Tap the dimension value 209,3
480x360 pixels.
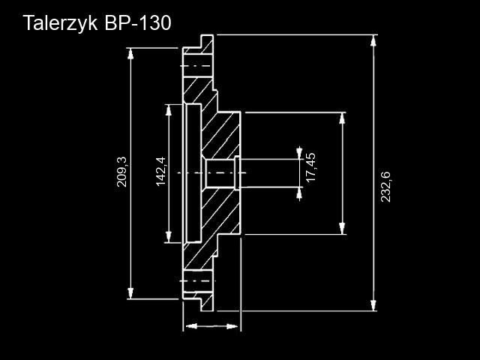pyautogui.click(x=122, y=172)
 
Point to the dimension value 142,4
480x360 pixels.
pyautogui.click(x=160, y=172)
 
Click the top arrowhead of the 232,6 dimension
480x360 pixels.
pyautogui.click(x=373, y=38)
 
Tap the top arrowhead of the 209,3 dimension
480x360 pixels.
pyautogui.click(x=132, y=52)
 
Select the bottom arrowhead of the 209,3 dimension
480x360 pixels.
pyautogui.click(x=132, y=294)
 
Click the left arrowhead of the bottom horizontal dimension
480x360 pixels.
pyautogui.click(x=189, y=326)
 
